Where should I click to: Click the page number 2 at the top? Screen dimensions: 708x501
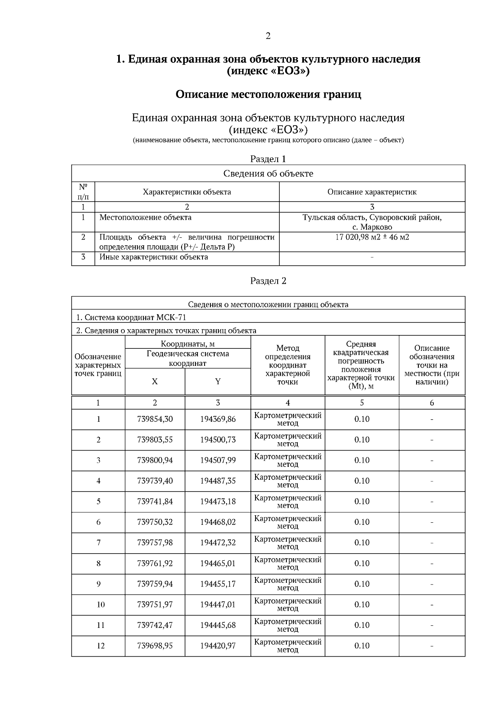pyautogui.click(x=268, y=36)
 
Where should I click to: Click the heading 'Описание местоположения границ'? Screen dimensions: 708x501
pyautogui.click(x=268, y=94)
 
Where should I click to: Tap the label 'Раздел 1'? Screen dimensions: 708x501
pyautogui.click(x=268, y=159)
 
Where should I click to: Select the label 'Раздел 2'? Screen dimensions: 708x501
pyautogui.click(x=268, y=281)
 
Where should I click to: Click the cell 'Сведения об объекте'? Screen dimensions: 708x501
pyautogui.click(x=268, y=174)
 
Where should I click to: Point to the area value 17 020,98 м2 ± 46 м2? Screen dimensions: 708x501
pyautogui.click(x=372, y=237)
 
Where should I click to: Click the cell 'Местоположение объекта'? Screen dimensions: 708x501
pyautogui.click(x=145, y=217)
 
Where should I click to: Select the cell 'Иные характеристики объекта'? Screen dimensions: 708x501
pyautogui.click(x=153, y=257)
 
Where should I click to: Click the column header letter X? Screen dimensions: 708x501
pyautogui.click(x=155, y=382)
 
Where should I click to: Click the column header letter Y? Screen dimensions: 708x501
pyautogui.click(x=218, y=382)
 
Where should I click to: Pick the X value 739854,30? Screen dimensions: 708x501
pyautogui.click(x=155, y=419)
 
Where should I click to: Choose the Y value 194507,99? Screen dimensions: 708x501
pyautogui.click(x=218, y=460)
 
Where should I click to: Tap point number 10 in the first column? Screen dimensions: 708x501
pyautogui.click(x=101, y=605)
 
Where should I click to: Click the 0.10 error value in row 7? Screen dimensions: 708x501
pyautogui.click(x=362, y=543)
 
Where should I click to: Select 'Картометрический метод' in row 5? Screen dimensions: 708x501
pyautogui.click(x=288, y=501)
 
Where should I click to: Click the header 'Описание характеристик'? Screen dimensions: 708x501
pyautogui.click(x=372, y=192)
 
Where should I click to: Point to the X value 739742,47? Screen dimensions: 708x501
pyautogui.click(x=155, y=625)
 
